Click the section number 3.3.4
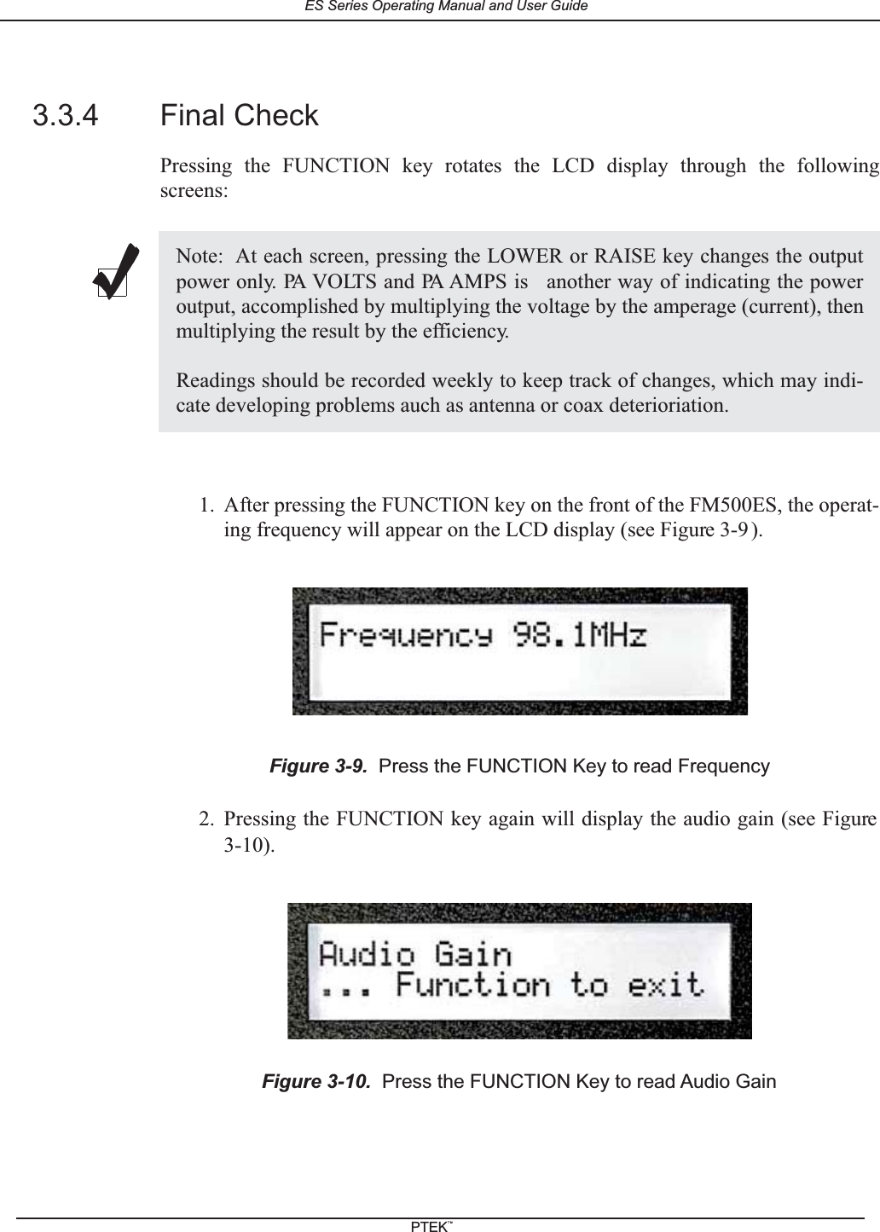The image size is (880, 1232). [x=65, y=115]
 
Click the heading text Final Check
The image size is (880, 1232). [x=239, y=115]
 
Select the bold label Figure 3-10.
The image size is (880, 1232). [x=316, y=1082]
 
